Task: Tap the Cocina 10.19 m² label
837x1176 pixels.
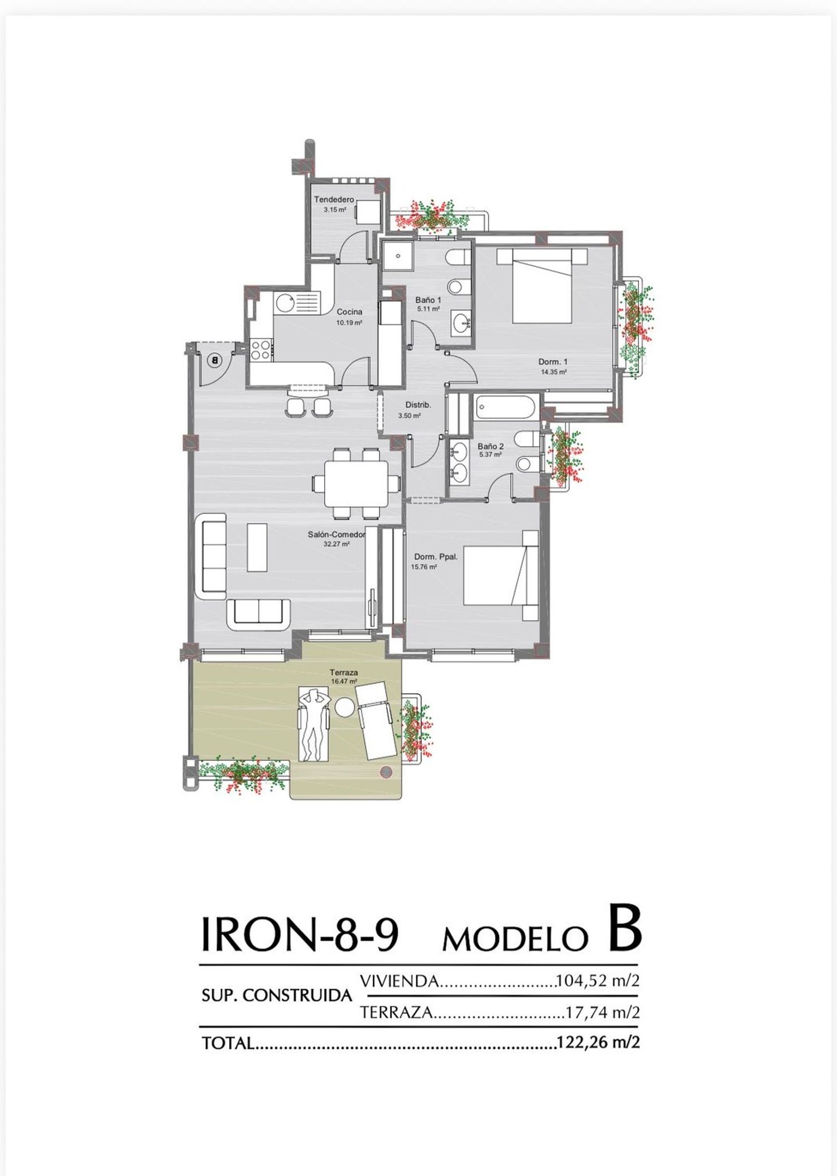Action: [349, 317]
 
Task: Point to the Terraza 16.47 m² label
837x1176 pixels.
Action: [344, 676]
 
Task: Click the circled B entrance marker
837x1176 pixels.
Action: [214, 360]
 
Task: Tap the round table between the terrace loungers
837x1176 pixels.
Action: [344, 708]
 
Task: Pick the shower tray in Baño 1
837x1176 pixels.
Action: [397, 256]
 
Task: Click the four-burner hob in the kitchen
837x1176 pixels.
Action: [261, 350]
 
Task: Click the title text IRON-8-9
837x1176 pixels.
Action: [299, 934]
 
